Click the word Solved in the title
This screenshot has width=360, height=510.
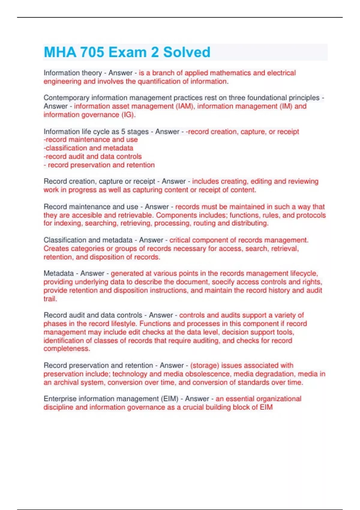pyautogui.click(x=187, y=52)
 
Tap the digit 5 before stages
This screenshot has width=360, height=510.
pyautogui.click(x=123, y=131)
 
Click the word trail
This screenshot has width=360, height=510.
pyautogui.click(x=50, y=299)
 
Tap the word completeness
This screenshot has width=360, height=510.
pyautogui.click(x=67, y=349)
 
